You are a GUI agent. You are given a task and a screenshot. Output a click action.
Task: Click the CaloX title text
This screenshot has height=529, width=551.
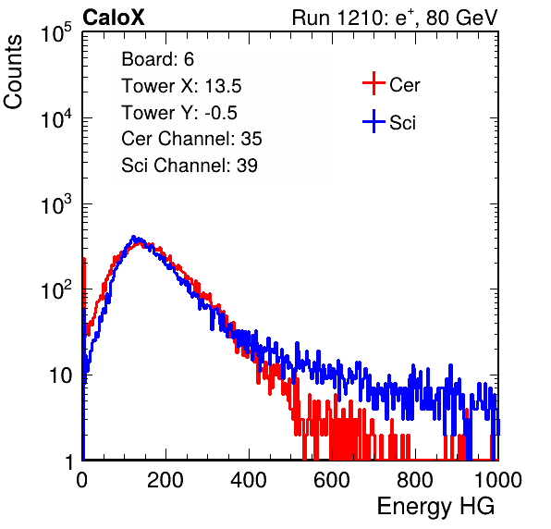coord(114,18)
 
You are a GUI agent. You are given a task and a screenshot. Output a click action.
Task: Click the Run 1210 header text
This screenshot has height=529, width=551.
coord(395,18)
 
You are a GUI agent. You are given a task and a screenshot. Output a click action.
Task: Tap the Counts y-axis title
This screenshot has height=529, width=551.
coord(13,72)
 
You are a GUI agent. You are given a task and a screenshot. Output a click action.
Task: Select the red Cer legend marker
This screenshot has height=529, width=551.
coord(373,83)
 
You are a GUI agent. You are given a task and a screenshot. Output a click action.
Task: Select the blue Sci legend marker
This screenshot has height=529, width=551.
coord(373,121)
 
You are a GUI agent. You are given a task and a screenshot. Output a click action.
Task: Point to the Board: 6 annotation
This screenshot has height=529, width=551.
coord(157,59)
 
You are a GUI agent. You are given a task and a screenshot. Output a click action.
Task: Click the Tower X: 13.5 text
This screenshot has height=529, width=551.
coord(181,86)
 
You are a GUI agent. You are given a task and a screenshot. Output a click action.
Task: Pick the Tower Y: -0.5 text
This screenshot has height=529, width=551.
coord(179,113)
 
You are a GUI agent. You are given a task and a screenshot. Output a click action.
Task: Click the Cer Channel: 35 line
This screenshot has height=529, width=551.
coord(191,139)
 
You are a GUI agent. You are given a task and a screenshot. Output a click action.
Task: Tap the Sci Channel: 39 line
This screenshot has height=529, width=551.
coord(190,166)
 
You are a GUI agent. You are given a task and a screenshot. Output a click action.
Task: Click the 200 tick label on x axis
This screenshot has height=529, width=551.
coord(165,480)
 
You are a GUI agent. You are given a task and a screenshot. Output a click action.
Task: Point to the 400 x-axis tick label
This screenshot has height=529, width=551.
coord(249,480)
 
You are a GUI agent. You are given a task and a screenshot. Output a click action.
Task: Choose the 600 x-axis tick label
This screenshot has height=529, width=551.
coord(332,480)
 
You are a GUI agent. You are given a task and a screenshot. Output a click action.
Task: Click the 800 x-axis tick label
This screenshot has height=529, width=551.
coord(415,480)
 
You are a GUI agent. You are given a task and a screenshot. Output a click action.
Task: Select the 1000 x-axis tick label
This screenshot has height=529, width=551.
coord(498,480)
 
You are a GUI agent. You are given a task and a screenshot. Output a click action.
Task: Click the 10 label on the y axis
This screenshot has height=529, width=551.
coord(60,375)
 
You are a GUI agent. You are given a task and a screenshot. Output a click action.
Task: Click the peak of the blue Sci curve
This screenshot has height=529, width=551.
coord(133,238)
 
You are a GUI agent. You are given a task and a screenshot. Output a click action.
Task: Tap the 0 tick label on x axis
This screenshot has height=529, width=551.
coord(82,480)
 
